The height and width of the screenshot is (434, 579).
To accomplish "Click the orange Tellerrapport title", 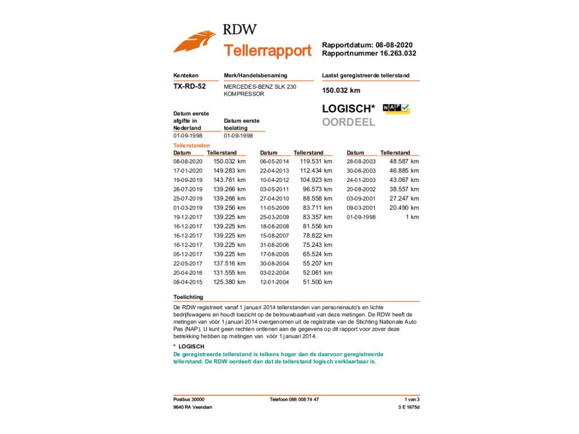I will click(x=267, y=51).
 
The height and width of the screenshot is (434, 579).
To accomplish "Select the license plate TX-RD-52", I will click(x=189, y=86).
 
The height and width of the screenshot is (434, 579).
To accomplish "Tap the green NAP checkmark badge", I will click(x=396, y=108).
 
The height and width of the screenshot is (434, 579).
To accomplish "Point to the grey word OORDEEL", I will click(x=349, y=122).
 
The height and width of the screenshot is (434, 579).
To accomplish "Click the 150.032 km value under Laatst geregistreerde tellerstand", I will click(x=341, y=90).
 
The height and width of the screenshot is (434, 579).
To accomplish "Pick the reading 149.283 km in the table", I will click(x=229, y=171).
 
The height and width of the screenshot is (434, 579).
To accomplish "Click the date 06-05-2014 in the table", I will click(x=274, y=162).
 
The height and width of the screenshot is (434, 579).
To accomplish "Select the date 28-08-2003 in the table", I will click(x=361, y=162).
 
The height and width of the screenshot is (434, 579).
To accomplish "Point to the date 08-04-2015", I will click(x=188, y=282).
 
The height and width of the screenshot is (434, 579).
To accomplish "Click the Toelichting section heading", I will click(x=188, y=297).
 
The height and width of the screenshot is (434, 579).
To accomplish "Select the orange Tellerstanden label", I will click(x=191, y=146).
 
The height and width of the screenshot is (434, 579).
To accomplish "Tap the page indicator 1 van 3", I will click(x=412, y=400).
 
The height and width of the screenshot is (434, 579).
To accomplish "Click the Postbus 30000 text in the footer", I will click(x=189, y=400).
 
